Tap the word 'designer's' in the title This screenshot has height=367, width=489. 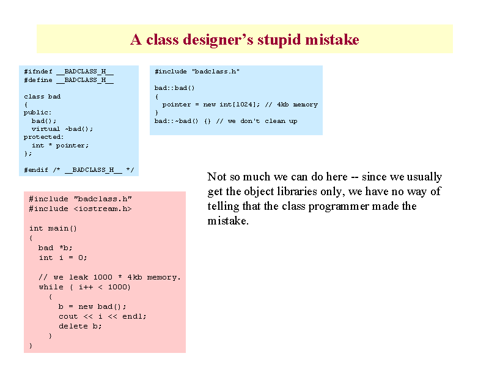pos(218,40)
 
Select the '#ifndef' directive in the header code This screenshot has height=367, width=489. pos(38,72)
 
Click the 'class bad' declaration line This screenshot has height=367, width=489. pos(42,97)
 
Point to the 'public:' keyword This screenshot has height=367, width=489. pos(38,113)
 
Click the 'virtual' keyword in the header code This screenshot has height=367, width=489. pos(45,129)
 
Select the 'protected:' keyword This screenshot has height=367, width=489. pos(43,137)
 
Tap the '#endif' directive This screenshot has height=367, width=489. pos(36,170)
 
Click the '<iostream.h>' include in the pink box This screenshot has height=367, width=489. pos(103,209)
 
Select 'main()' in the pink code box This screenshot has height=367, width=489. pos(62,228)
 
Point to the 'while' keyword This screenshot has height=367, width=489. pos(51,287)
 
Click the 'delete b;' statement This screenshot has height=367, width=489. pos(80,326)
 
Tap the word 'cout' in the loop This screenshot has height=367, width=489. pos(68,316)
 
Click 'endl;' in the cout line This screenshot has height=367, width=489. pos(134,316)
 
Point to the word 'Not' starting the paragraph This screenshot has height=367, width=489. pos(217,177)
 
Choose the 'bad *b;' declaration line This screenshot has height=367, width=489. pos(55,248)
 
